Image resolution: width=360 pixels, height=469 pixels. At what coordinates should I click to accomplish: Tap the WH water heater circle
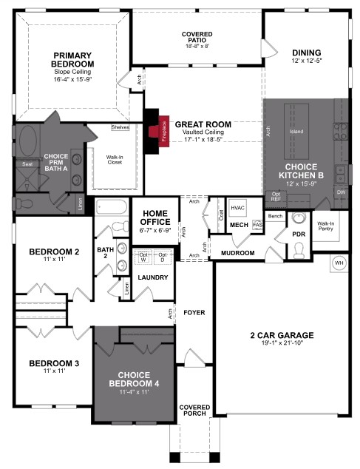[x=339, y=263]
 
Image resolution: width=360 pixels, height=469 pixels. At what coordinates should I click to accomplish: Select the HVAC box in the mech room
[x=237, y=209]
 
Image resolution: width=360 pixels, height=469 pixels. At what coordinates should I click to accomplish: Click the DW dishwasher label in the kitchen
[x=341, y=192]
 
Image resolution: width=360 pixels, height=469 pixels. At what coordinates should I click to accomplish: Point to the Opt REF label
[x=276, y=198]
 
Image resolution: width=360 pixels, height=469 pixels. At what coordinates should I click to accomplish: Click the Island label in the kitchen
[x=296, y=132]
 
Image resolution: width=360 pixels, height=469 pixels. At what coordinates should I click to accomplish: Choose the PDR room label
[x=298, y=234]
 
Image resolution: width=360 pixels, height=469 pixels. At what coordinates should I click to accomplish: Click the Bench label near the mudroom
[x=276, y=216]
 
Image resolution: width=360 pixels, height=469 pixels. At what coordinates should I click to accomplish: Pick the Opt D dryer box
[x=162, y=256]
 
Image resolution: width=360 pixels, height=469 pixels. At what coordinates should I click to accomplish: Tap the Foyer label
[x=194, y=312]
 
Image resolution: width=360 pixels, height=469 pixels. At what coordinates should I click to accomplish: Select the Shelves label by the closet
[x=120, y=127]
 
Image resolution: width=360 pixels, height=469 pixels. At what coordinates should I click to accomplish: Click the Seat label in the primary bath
[x=27, y=164]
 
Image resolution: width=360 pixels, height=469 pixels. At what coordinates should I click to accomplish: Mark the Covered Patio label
[x=197, y=39]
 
